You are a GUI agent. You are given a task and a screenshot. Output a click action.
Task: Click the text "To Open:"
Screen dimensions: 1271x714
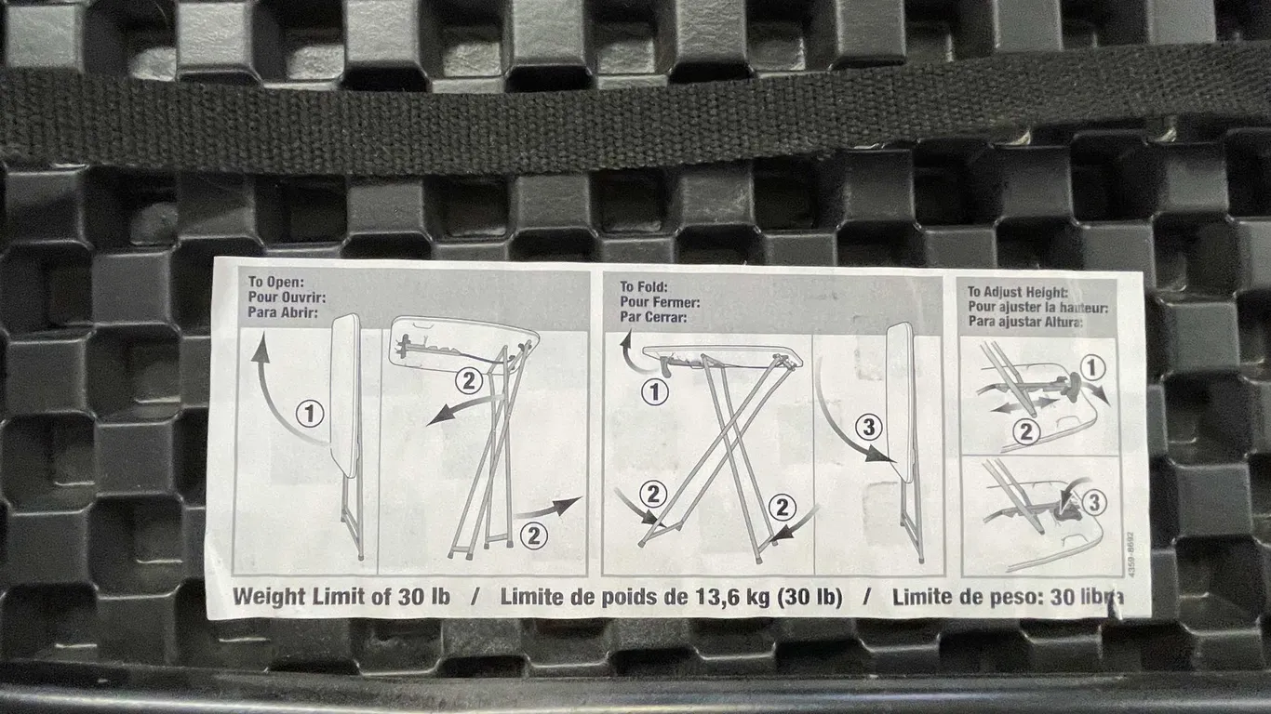tap(276, 282)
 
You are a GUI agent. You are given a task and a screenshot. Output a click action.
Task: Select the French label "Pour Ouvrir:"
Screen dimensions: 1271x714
tap(288, 297)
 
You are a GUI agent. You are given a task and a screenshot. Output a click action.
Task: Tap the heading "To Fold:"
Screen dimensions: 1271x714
tap(644, 287)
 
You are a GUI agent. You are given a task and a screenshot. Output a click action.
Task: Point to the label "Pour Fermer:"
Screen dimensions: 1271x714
tap(660, 302)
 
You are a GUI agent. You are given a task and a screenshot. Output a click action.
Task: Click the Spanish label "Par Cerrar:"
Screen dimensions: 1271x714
tap(653, 317)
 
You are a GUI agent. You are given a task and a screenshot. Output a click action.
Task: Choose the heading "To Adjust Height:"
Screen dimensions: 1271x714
tap(1017, 292)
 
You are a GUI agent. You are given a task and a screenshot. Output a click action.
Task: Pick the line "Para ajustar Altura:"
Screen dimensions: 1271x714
tap(1025, 322)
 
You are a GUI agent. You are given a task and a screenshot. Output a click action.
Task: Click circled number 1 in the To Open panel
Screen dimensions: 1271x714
tap(310, 414)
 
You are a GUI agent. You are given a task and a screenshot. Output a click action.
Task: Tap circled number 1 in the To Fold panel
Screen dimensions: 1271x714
tap(655, 392)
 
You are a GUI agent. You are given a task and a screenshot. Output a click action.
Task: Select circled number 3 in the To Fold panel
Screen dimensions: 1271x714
tap(869, 427)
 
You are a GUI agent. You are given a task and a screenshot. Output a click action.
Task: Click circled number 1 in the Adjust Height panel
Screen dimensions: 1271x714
tap(1092, 368)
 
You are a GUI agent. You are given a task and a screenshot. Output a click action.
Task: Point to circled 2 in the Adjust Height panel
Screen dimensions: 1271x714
tap(1026, 432)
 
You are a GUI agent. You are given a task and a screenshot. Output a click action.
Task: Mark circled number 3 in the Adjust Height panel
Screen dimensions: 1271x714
tap(1094, 502)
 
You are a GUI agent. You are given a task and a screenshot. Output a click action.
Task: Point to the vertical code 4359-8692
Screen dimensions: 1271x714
tap(1131, 555)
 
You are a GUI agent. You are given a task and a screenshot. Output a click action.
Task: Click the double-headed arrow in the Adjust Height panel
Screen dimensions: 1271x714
tap(1024, 405)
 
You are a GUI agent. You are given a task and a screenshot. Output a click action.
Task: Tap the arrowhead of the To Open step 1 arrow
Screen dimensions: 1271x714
tap(261, 349)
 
